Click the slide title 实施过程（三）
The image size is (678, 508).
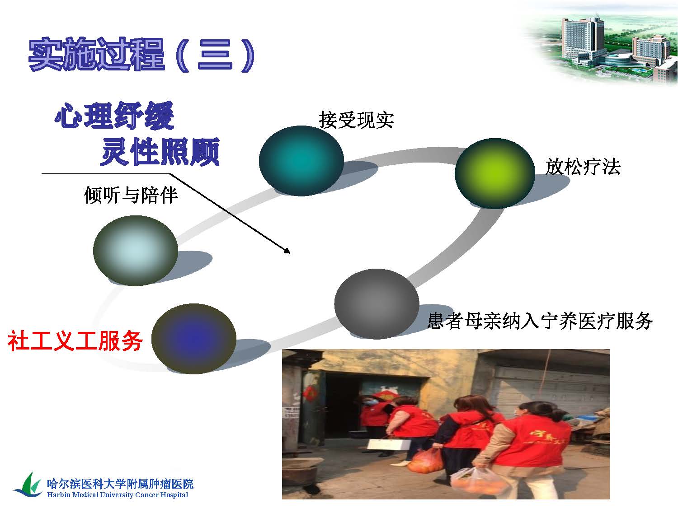pos(142,55)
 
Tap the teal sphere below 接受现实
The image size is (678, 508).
pos(301,161)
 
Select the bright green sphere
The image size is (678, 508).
pos(495,173)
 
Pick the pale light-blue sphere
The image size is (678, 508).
pos(136,251)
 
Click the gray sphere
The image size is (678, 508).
pos(377,304)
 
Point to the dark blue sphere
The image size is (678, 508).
pos(194,339)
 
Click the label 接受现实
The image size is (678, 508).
pos(356,120)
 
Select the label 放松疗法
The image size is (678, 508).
pos(583,167)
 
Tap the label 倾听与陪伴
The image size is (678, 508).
pos(131,195)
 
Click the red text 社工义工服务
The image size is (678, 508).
pos(75,341)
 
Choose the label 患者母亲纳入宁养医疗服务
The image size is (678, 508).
pos(540,321)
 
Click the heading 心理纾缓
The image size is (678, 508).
pos(114,115)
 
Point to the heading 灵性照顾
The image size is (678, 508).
pos(160,152)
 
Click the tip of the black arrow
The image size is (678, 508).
pos(290,253)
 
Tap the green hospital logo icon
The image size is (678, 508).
pos(28,485)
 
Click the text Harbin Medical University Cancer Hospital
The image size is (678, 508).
pos(118,495)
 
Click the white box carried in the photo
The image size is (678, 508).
pos(389,444)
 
